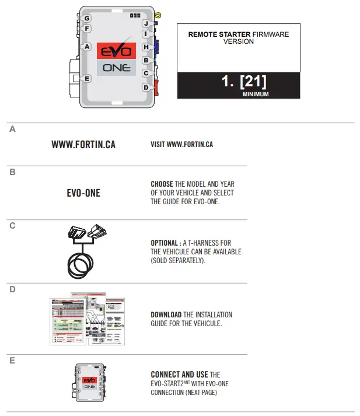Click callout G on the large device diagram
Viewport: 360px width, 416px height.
point(86,19)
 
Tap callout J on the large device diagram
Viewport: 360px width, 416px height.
point(146,24)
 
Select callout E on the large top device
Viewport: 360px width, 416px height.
point(87,78)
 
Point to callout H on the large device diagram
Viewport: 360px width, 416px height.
point(146,47)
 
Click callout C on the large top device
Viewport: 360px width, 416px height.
point(146,74)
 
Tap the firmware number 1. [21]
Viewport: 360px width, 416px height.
point(244,82)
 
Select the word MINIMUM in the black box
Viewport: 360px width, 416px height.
point(255,93)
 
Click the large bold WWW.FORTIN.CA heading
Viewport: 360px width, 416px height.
point(83,144)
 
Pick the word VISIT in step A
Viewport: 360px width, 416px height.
point(158,144)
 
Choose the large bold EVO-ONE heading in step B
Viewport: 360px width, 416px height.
point(83,193)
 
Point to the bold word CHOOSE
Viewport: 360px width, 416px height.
point(162,184)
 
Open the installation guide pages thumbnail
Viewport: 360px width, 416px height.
point(88,319)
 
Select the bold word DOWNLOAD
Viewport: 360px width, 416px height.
point(166,314)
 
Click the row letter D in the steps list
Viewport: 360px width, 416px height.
point(12,289)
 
